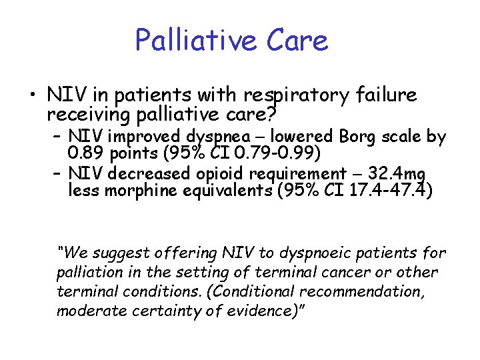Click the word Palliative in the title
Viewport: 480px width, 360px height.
pos(189,40)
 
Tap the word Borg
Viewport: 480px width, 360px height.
pos(361,137)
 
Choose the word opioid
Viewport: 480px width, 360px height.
pos(217,175)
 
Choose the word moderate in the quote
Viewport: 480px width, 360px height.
pos(89,311)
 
